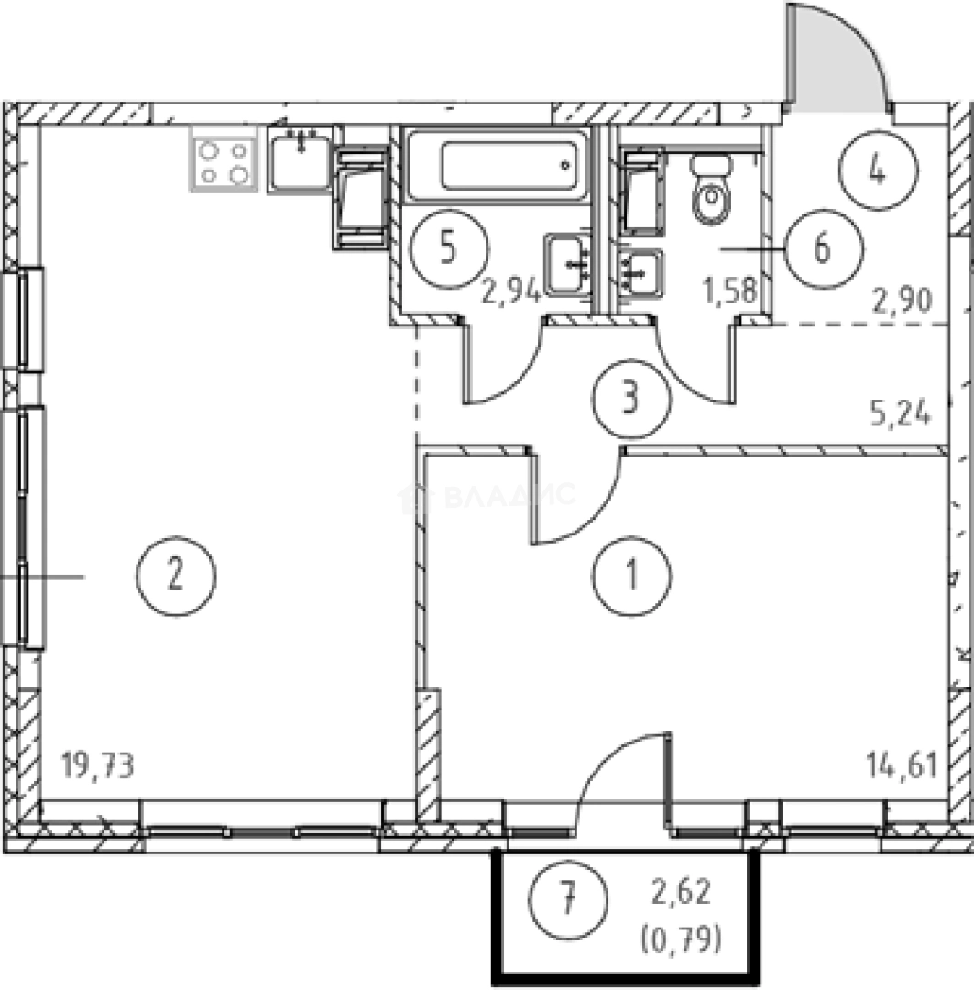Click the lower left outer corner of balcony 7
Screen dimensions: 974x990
tap(493, 984)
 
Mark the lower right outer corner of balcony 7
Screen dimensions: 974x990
tap(760, 984)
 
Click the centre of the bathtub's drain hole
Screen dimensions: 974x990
tap(565, 165)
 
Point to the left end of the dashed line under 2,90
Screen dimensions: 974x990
tap(774, 324)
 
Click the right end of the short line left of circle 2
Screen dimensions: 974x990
tap(84, 577)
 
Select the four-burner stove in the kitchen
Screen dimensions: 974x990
tap(224, 158)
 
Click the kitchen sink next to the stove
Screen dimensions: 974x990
tap(301, 159)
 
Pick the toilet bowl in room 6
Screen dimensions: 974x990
tap(712, 190)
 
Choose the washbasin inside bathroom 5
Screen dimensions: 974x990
tap(567, 265)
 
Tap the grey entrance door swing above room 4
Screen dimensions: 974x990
tap(837, 58)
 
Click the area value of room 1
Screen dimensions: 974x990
tap(902, 765)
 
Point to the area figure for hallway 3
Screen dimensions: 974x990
tap(901, 414)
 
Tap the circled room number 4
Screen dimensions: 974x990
tap(878, 170)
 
